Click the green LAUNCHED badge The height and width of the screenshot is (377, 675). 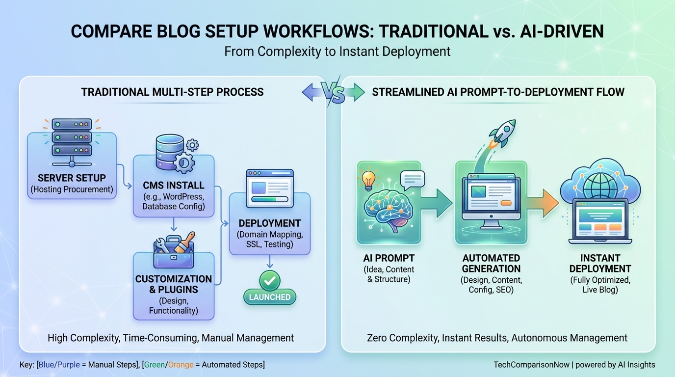pyautogui.click(x=269, y=297)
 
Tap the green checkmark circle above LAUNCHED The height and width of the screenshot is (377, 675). pyautogui.click(x=269, y=280)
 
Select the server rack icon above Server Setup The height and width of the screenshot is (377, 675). pyautogui.click(x=72, y=138)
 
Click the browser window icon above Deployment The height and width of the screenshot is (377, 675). pyautogui.click(x=270, y=188)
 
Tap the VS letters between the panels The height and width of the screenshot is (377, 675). pyautogui.click(x=334, y=92)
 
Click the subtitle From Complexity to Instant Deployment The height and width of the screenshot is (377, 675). pyautogui.click(x=337, y=51)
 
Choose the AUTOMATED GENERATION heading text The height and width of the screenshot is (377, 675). pyautogui.click(x=491, y=263)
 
